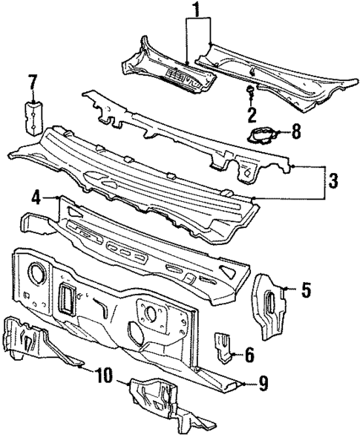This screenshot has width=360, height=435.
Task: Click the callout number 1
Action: tap(197, 10)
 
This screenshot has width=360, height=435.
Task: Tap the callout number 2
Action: tap(252, 114)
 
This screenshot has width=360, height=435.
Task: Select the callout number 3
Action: tap(334, 180)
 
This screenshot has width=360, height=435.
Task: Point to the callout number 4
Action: tap(34, 197)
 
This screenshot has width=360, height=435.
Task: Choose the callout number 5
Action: tap(305, 290)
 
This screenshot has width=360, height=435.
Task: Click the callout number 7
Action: tap(32, 81)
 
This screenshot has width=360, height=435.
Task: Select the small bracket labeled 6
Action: tap(223, 346)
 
